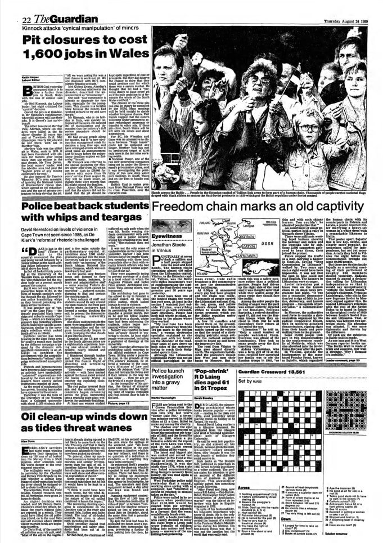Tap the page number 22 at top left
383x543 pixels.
(x=11, y=6)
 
